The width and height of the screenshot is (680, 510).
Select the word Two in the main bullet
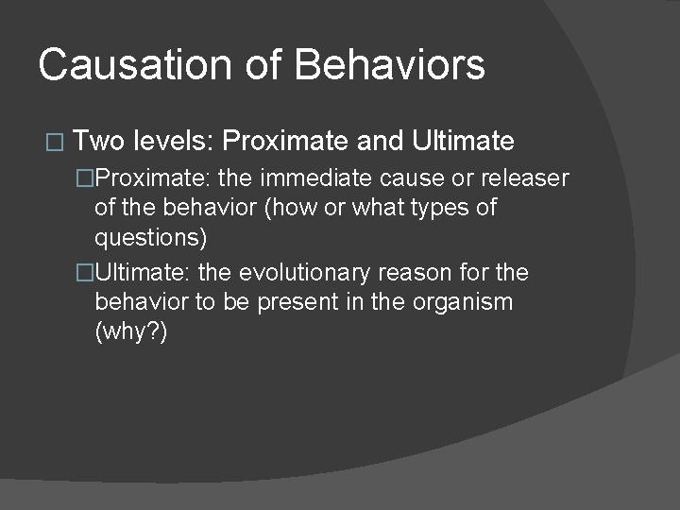101,143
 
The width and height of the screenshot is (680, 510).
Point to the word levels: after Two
176,143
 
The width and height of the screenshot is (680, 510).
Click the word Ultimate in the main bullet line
464,143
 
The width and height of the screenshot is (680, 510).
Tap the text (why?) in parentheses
131,331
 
